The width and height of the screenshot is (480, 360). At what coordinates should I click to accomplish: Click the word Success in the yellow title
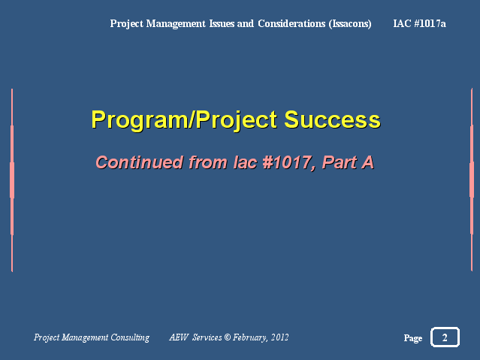click(x=332, y=119)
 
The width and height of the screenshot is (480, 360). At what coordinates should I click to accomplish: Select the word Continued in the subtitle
click(x=140, y=162)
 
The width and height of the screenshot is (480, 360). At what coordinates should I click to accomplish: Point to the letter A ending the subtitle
click(x=367, y=162)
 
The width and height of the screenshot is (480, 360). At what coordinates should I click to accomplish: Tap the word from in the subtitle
click(x=208, y=162)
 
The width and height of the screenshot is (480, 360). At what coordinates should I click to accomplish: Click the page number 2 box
click(x=445, y=337)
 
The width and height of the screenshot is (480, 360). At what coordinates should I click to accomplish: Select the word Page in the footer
click(x=413, y=338)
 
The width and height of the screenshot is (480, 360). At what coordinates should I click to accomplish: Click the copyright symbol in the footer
click(x=227, y=337)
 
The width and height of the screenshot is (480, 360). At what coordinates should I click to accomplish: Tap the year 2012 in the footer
click(x=279, y=337)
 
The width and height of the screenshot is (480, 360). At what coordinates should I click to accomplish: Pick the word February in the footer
click(x=250, y=337)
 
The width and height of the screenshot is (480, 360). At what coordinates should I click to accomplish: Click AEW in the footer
click(x=179, y=337)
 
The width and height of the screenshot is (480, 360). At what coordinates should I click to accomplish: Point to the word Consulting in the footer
click(x=130, y=337)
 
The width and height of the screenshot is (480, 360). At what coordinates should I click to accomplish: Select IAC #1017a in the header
click(x=419, y=23)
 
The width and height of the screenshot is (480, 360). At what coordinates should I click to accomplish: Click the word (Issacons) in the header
click(x=350, y=23)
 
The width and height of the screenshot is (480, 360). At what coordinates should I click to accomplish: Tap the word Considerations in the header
click(x=291, y=23)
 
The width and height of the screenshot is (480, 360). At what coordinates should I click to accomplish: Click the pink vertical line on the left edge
click(x=12, y=180)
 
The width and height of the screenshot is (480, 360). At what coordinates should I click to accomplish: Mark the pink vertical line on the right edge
click(x=472, y=180)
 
